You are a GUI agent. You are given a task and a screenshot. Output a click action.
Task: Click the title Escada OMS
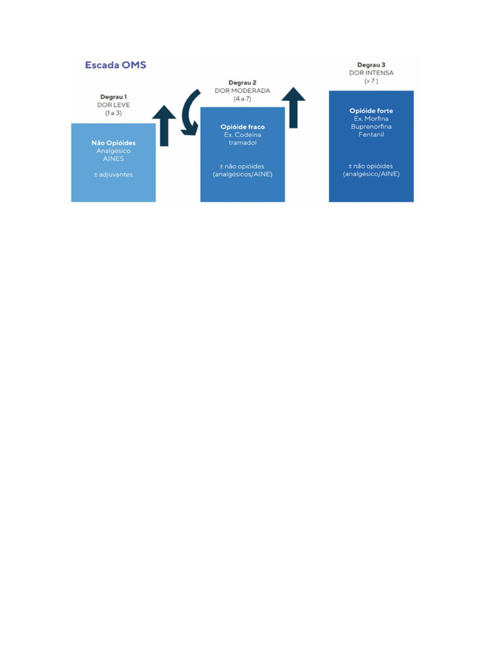(116, 66)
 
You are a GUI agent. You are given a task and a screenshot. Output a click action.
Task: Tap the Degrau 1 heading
(114, 96)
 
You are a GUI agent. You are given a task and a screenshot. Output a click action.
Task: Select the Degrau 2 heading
(242, 83)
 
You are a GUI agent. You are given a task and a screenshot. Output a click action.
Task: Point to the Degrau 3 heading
(371, 65)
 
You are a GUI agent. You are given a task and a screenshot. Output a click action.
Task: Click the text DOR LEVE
(114, 105)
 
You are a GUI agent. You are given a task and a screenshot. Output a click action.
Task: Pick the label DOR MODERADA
(242, 91)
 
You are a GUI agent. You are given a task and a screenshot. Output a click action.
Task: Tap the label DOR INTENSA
(371, 73)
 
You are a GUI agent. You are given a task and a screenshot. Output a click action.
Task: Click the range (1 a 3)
(114, 113)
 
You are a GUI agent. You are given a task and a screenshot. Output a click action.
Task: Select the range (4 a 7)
(242, 99)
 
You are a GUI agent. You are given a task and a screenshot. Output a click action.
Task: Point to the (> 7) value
(371, 81)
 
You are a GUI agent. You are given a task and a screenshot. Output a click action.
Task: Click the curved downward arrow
(189, 113)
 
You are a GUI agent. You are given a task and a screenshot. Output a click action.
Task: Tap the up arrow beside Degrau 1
(164, 126)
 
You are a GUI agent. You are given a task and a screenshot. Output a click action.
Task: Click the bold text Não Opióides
(114, 143)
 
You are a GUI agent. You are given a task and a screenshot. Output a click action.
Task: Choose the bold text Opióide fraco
(243, 127)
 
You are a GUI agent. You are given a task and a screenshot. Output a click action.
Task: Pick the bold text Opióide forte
(371, 111)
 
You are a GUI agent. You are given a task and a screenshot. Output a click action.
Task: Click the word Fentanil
(371, 134)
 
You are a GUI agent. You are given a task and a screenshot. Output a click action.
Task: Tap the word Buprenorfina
(371, 127)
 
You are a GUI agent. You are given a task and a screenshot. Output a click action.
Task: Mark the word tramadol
(243, 143)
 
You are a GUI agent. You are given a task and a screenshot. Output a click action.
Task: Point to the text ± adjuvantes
(114, 174)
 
